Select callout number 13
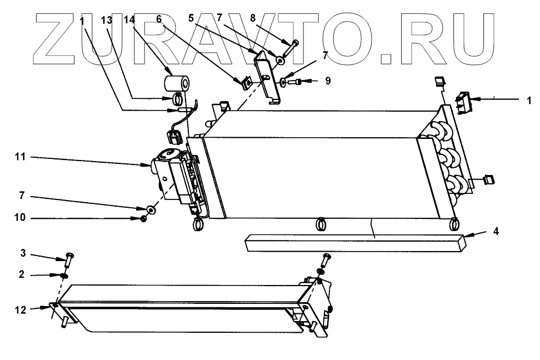tap(107, 19)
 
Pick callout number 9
tap(328, 81)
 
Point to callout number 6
tap(159, 19)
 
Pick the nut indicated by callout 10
tap(143, 218)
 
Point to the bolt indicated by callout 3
tap(69, 258)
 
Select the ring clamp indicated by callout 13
tap(177, 100)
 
